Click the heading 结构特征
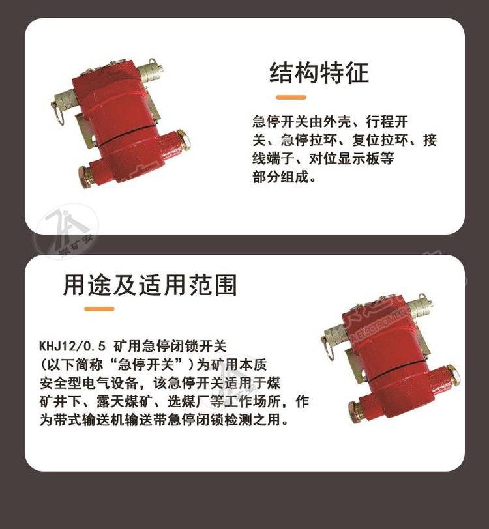(x=319, y=72)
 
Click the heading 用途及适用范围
(x=150, y=285)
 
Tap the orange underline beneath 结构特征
(x=291, y=98)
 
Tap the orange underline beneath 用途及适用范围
(x=99, y=309)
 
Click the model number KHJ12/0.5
(x=72, y=346)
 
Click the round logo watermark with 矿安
(x=67, y=231)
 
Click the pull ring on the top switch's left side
(x=59, y=113)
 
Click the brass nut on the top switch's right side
(x=183, y=139)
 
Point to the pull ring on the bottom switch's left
(x=327, y=348)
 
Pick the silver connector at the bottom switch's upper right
(x=421, y=306)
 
